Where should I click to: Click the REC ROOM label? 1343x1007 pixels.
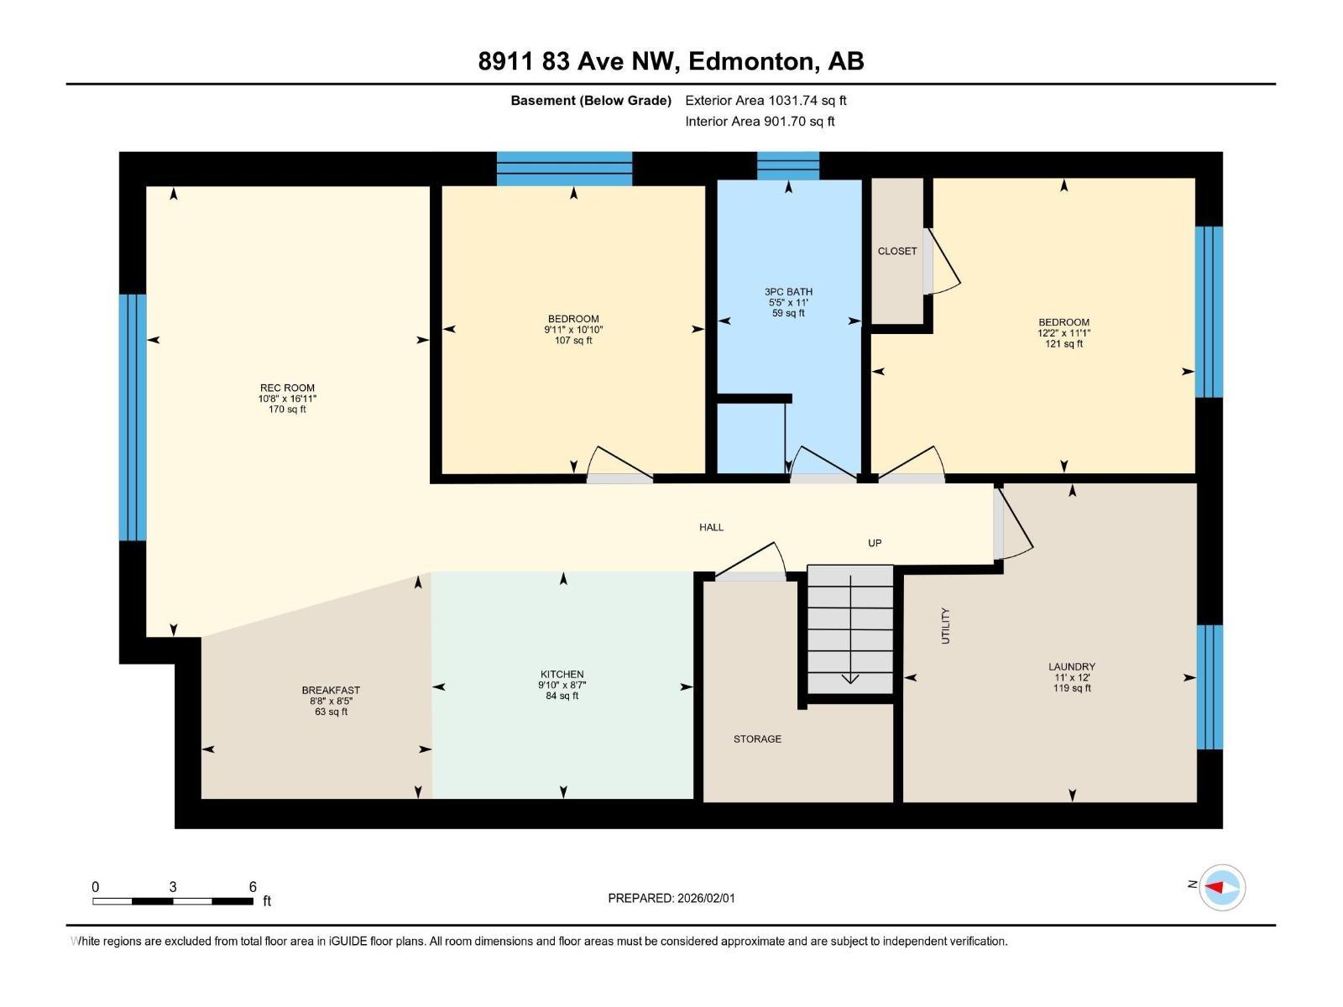pos(287,389)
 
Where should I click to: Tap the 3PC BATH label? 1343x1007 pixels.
pos(788,292)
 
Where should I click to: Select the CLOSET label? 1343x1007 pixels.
pos(897,251)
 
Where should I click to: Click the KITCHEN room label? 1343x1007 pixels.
pos(562,675)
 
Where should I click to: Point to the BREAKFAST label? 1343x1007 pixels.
pos(331,691)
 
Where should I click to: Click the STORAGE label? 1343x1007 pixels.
pos(757,739)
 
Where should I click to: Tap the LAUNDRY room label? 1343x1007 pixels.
pos(1071,667)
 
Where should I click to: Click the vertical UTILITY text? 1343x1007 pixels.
pos(946,626)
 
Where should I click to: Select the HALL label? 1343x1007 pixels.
pos(711,528)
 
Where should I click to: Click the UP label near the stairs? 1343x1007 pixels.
pos(875,543)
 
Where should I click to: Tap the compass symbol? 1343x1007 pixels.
pos(1221,887)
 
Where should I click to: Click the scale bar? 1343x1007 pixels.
pos(173,901)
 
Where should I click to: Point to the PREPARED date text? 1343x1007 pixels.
pos(671,898)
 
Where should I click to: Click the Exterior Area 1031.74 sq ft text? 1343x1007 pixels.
pos(766,101)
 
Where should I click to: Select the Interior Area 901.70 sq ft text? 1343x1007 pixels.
pos(760,122)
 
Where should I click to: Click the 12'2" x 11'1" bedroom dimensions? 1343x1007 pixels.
pos(1063,333)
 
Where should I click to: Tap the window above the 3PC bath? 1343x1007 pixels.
pos(788,166)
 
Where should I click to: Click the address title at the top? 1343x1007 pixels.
pos(671,61)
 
